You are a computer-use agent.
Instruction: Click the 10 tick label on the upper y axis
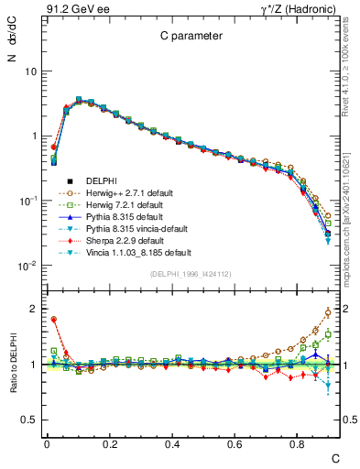coord(30,71)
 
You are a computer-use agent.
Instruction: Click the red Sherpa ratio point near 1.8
coord(54,320)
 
